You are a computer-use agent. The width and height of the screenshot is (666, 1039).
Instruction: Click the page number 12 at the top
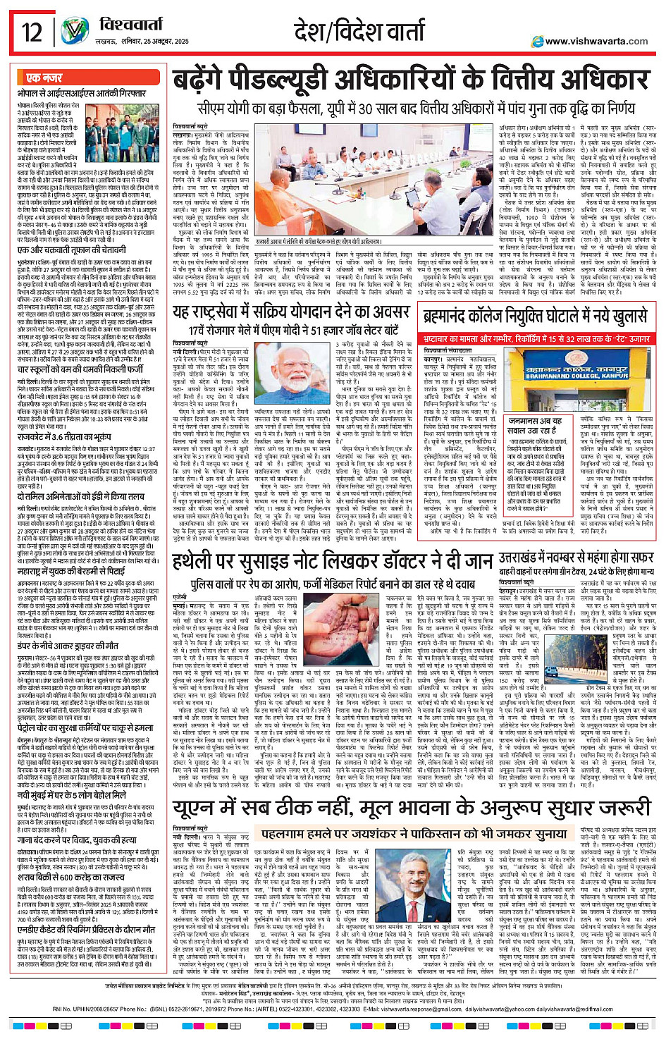[32, 32]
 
